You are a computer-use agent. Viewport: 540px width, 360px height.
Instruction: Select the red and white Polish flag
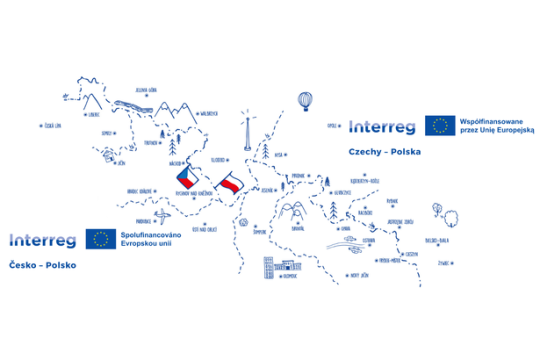230,184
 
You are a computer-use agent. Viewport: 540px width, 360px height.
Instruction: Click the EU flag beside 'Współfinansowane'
437,125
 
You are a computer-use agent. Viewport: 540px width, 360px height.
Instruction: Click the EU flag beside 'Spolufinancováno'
99,238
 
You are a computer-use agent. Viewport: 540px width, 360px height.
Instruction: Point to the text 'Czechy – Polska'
385,152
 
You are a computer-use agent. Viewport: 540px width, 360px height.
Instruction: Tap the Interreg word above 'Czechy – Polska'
383,125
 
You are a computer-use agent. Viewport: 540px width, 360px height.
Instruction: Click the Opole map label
333,127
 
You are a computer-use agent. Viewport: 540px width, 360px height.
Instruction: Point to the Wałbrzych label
209,113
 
